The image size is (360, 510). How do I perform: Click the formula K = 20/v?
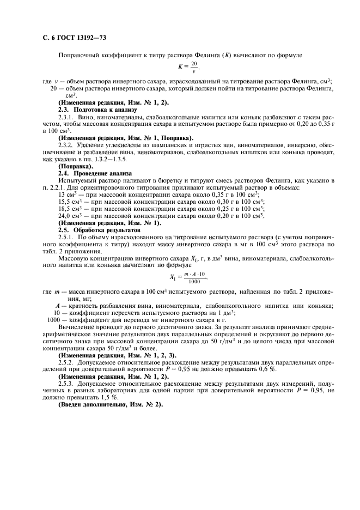pyautogui.click(x=185, y=68)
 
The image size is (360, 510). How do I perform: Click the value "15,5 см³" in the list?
pyautogui.click(x=70, y=202)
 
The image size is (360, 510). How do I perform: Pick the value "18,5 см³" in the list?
pyautogui.click(x=70, y=209)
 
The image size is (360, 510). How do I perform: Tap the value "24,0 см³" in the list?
pyautogui.click(x=70, y=216)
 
